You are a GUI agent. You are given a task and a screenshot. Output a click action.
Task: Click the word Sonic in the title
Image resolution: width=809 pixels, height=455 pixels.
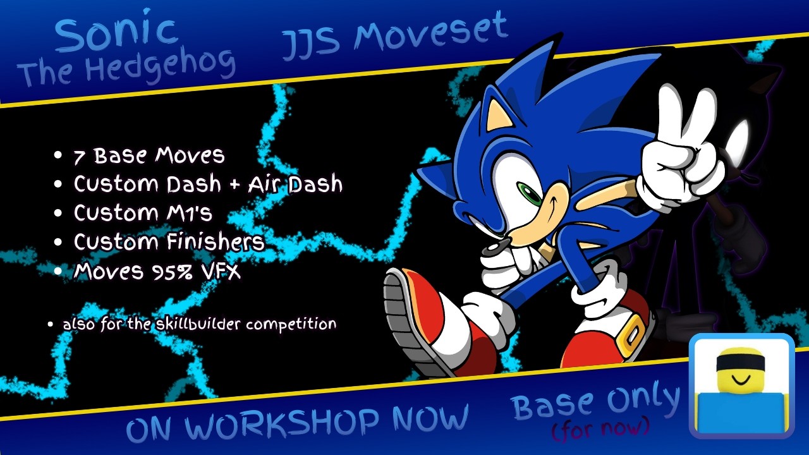116,34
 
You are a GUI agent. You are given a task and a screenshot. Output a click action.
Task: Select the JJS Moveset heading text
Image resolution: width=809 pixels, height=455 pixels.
394,37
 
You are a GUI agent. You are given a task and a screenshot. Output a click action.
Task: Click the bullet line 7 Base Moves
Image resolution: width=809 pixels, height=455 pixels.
149,155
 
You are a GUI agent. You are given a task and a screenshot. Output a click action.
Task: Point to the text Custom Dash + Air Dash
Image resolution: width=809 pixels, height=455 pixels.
208,184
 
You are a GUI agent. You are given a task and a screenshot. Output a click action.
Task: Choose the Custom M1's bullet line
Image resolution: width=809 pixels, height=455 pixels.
143,213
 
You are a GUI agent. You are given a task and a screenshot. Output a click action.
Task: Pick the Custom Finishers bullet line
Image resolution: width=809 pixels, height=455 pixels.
169,241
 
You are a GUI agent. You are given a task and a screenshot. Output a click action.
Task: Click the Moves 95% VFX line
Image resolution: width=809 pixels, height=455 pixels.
157,271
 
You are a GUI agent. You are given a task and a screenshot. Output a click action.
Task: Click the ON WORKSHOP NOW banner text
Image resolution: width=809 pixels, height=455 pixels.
297,422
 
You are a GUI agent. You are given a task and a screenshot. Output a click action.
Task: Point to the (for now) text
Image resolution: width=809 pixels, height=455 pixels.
600,429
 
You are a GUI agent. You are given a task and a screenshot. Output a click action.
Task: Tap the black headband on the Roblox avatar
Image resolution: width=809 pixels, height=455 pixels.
741,360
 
